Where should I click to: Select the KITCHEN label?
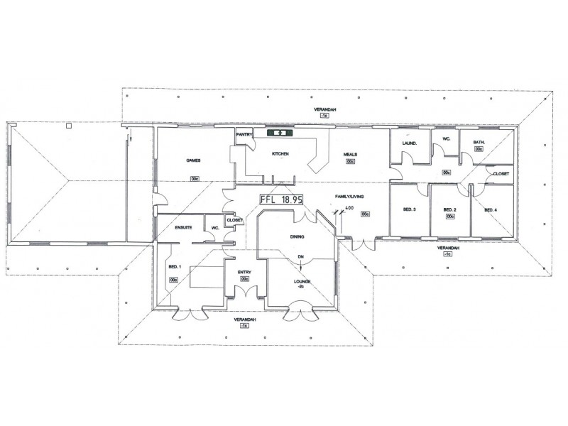pos(278,154)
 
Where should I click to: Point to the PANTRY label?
pos(245,133)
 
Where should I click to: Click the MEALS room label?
pos(351,154)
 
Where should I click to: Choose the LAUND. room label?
pos(408,143)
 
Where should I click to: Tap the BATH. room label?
pos(479,142)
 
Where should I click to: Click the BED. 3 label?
pos(409,210)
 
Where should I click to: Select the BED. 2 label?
pos(449,210)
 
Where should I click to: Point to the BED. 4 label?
pos(490,210)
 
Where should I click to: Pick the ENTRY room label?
pos(244,273)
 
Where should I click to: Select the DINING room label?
pos(296,237)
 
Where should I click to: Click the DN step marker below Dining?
pos(300,256)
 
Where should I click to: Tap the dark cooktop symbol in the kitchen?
pos(279,132)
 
